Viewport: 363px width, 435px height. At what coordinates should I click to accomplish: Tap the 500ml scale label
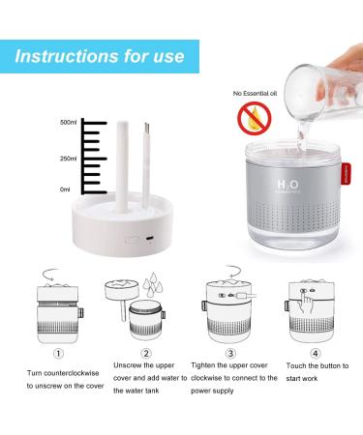point(68,123)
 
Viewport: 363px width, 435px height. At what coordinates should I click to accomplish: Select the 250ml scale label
point(68,159)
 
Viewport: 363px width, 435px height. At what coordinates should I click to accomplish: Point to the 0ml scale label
point(65,189)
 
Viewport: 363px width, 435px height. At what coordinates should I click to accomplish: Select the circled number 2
point(146,354)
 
